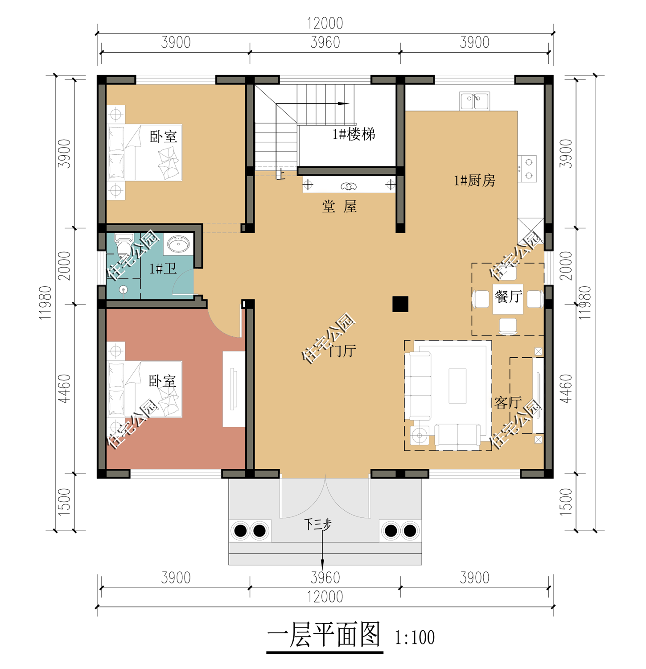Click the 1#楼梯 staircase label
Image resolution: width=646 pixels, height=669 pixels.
pos(354,134)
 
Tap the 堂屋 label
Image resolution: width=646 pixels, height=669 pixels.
pos(339,206)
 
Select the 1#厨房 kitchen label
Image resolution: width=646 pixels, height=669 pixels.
pos(474,181)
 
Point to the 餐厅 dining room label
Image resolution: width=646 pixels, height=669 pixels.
pos(508,297)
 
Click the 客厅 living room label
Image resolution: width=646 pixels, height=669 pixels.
pos(508,403)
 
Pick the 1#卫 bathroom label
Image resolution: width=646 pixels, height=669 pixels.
pos(163,268)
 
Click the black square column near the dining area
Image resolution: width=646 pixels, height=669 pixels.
pos(400,304)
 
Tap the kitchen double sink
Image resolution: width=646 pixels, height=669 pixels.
pos(474,101)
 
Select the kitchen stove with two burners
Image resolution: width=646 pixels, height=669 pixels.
pos(527,169)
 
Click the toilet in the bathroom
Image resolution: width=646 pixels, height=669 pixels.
pos(123,244)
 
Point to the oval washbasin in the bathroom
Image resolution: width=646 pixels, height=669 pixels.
pos(179,244)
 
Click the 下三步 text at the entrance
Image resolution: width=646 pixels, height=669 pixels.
pos(318,524)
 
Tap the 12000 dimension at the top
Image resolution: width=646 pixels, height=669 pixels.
pos(325,23)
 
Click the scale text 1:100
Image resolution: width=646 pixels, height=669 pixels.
pos(415,637)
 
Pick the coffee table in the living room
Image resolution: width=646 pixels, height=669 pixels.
pos(457,386)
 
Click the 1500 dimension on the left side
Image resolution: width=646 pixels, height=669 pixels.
pos(65,502)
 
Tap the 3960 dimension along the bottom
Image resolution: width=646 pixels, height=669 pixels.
pos(325,578)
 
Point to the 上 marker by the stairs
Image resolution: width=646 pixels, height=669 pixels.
pos(280,174)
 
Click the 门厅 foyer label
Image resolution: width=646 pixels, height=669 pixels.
pos(342,351)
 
